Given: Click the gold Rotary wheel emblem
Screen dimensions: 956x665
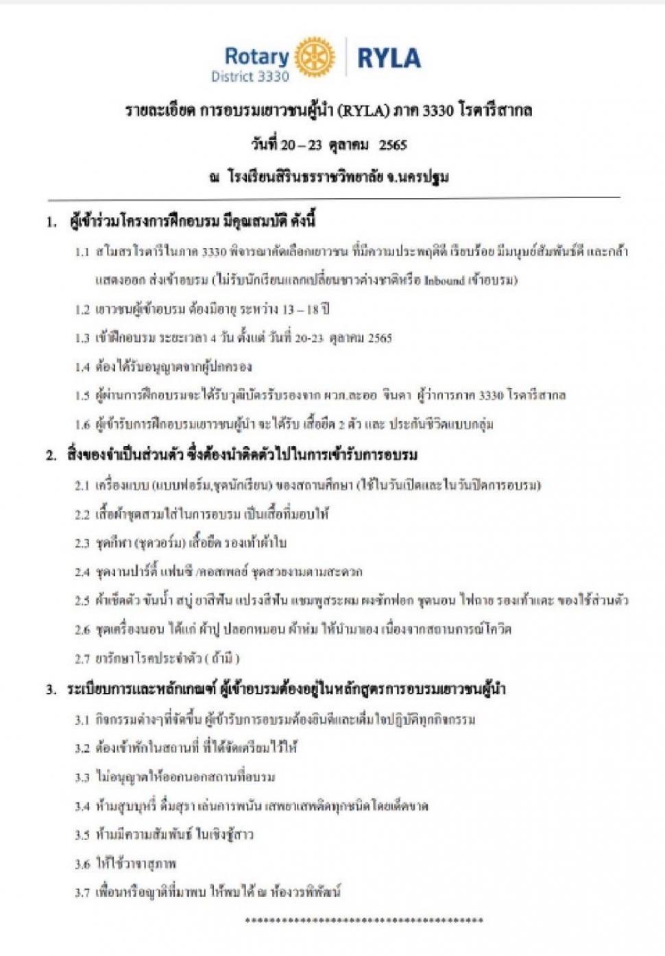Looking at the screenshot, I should click(x=315, y=56).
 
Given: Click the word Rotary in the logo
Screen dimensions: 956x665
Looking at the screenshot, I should click(x=257, y=56).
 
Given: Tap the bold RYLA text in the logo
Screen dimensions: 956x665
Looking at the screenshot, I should click(x=389, y=58).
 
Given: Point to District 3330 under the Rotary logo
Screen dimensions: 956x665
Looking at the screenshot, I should click(x=250, y=77).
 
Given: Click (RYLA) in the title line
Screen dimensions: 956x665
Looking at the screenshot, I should click(x=363, y=110).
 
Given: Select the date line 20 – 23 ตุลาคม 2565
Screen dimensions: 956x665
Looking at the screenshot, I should click(x=328, y=145).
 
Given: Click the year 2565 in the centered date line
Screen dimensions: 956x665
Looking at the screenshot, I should click(x=393, y=145).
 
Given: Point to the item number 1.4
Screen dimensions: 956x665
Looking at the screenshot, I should click(x=83, y=367).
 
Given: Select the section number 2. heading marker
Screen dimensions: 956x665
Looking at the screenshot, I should click(x=51, y=455).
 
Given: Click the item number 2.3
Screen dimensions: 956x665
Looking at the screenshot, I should click(x=83, y=543).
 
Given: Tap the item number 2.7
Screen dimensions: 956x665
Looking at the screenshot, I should click(x=83, y=659).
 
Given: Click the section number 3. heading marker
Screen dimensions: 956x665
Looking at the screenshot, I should click(x=51, y=689).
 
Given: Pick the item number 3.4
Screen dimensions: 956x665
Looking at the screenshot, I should click(x=83, y=807).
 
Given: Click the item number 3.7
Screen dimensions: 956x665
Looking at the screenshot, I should click(x=83, y=893).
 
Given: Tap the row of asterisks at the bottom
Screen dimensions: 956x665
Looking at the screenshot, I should click(x=364, y=920).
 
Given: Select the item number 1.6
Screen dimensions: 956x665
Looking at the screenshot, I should click(x=83, y=425).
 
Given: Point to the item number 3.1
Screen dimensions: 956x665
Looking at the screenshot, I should click(x=83, y=720).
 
